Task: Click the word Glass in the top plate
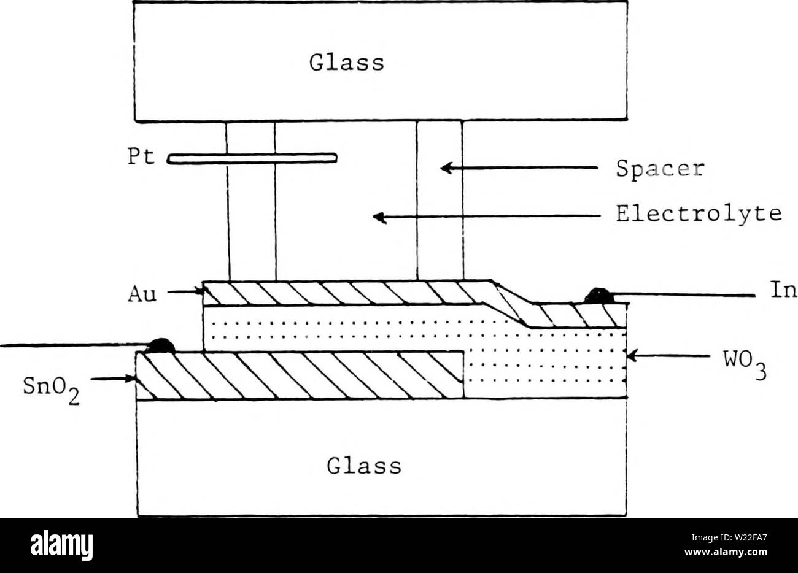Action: tap(347, 63)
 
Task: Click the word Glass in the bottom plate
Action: tap(364, 466)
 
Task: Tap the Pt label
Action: tap(141, 156)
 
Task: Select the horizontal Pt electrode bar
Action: tap(252, 158)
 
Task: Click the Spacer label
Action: tap(660, 169)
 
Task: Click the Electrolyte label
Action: tap(699, 214)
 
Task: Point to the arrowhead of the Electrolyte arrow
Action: tap(379, 217)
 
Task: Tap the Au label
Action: tap(142, 295)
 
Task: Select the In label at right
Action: tap(783, 290)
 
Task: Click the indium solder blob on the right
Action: tap(600, 296)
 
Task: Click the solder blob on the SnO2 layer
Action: tap(161, 346)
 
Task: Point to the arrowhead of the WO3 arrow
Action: tap(631, 355)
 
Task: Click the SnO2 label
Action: tap(52, 389)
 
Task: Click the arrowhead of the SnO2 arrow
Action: tap(131, 379)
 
